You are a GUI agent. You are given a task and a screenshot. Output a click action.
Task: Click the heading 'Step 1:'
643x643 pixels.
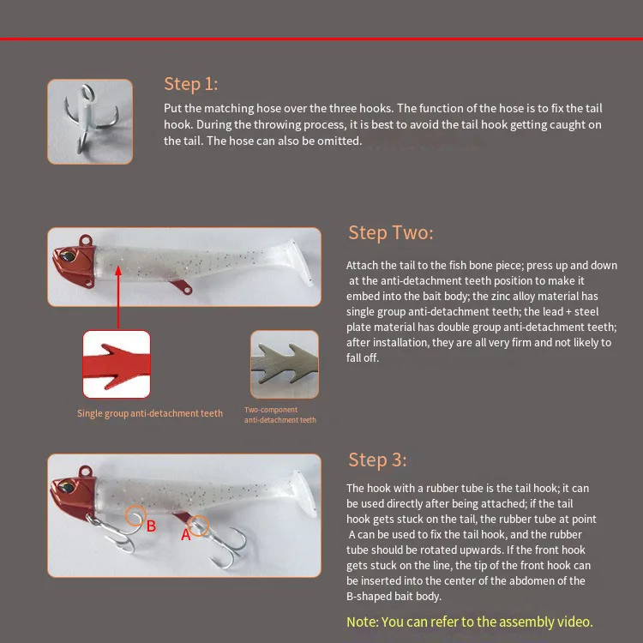click(x=190, y=84)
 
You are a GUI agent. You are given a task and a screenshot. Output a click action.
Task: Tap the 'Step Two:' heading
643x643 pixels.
click(x=390, y=232)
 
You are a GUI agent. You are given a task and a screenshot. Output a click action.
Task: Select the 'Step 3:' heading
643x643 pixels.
click(x=377, y=460)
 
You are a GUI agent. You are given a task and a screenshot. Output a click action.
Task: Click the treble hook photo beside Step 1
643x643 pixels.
click(x=90, y=122)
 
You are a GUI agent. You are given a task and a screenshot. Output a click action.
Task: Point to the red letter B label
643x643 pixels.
click(x=151, y=526)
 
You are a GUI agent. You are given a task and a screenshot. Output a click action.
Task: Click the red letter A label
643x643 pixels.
click(x=186, y=535)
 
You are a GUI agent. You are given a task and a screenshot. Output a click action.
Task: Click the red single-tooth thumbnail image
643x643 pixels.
click(x=117, y=364)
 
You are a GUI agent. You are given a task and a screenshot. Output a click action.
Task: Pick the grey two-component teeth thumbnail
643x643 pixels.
click(x=285, y=364)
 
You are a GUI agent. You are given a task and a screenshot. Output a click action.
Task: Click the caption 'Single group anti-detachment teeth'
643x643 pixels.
click(x=150, y=413)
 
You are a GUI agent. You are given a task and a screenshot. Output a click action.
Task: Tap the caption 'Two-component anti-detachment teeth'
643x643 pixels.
click(x=280, y=415)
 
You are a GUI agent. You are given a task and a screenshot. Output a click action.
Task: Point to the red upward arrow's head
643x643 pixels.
click(x=118, y=271)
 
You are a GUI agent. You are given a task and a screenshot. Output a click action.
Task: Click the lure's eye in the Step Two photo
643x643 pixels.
click(x=67, y=256)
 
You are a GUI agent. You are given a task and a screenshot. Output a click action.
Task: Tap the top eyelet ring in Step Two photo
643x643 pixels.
click(x=86, y=239)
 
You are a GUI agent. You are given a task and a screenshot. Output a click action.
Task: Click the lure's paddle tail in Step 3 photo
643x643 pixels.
click(x=303, y=493)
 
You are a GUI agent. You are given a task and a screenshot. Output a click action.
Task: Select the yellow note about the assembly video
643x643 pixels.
click(x=470, y=622)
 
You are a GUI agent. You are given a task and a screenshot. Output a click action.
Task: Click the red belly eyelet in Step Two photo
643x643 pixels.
click(x=187, y=290)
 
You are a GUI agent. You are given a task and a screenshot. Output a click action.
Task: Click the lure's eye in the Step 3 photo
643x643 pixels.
click(x=66, y=487)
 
